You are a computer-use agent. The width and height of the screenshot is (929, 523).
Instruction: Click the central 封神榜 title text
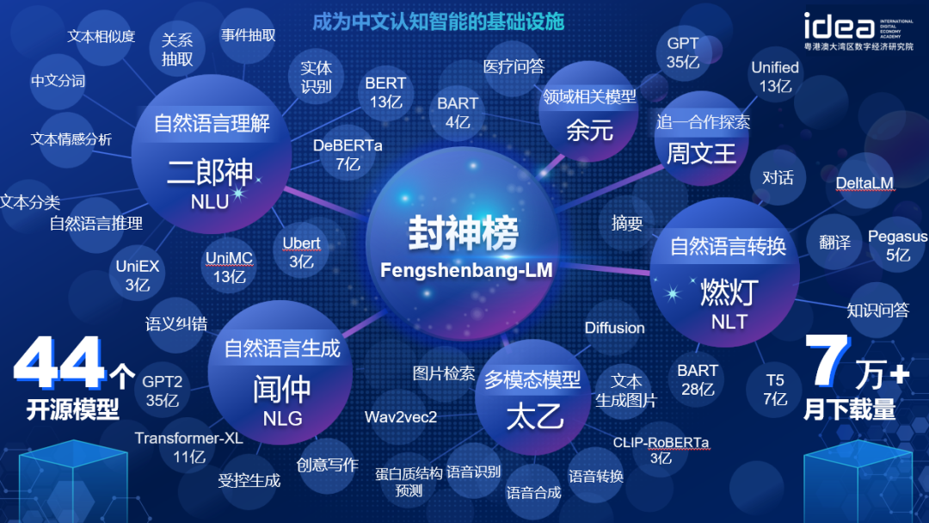point(464,233)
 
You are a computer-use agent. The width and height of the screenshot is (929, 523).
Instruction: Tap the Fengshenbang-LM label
point(466,270)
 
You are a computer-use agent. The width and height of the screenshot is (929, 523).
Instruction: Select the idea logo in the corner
point(858,31)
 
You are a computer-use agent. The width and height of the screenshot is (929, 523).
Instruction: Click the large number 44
point(59,362)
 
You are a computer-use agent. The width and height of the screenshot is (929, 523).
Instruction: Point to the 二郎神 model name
point(210,172)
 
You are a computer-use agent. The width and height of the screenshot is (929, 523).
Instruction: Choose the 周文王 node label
point(701,154)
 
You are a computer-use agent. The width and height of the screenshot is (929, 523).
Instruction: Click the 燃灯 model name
point(729,292)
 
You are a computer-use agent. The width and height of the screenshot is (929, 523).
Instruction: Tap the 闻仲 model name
point(282,389)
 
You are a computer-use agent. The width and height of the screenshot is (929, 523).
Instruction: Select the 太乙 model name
point(534,417)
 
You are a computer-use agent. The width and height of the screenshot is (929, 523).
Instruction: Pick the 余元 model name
point(589,130)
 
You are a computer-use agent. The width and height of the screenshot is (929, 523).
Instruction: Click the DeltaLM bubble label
point(864,183)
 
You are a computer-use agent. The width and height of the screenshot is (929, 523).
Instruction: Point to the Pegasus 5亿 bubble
point(897,245)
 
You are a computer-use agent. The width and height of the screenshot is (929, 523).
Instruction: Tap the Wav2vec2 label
point(401,417)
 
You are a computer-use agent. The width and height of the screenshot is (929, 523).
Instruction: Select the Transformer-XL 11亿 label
point(188,447)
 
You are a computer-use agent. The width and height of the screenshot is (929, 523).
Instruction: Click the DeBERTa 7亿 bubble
point(348,154)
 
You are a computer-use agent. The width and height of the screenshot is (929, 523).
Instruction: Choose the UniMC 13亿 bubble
point(229,268)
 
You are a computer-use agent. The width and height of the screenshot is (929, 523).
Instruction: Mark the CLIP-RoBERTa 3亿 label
point(661,450)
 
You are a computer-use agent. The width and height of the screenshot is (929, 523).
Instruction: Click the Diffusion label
point(614,328)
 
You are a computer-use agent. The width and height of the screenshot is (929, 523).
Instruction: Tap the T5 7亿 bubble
point(775,389)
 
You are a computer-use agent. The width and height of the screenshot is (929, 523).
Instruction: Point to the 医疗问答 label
point(513,66)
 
